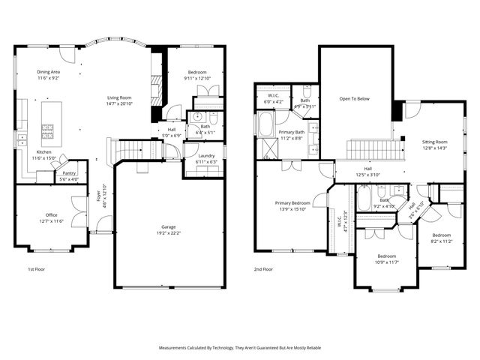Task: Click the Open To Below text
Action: pyautogui.click(x=355, y=98)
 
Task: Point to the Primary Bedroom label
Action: pyautogui.click(x=292, y=202)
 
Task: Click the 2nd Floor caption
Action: pyautogui.click(x=263, y=268)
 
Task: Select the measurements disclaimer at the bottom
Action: pyautogui.click(x=239, y=348)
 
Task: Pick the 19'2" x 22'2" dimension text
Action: pyautogui.click(x=168, y=232)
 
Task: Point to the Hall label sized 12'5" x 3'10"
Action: pyautogui.click(x=367, y=169)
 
